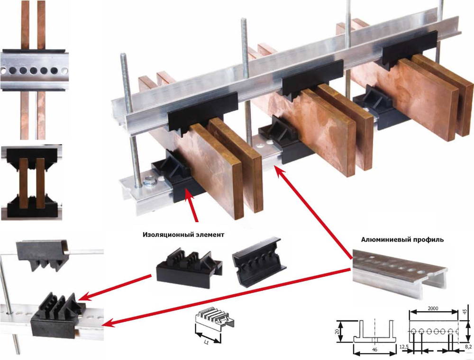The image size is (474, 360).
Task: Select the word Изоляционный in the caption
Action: pyautogui.click(x=166, y=234)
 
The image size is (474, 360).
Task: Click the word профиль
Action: pyautogui.click(x=428, y=240)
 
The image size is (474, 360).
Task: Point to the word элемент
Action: pyautogui.click(x=210, y=234)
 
